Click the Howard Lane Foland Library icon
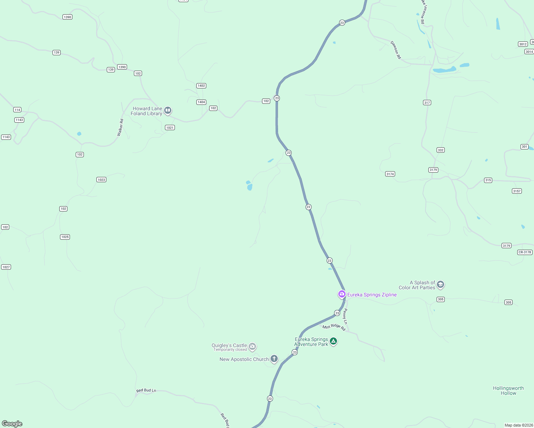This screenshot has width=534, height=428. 168,111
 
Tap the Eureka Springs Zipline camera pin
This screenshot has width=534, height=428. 342,294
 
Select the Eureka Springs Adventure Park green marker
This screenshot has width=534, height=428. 333,341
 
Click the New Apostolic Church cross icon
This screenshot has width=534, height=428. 274,358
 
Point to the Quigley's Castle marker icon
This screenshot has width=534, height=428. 252,346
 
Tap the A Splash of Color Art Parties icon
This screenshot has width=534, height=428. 440,284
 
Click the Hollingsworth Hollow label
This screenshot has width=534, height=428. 508,391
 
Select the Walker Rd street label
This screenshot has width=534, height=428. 120,127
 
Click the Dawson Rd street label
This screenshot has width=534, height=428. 396,50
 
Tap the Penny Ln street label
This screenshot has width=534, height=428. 345,316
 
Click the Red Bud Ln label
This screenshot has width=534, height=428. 146,391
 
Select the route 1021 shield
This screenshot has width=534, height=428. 170,128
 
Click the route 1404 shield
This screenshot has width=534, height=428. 201,102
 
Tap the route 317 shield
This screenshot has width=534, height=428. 427,103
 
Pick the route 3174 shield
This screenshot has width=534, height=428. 390,174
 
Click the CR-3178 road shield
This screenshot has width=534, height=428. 525,252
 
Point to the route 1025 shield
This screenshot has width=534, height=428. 65,237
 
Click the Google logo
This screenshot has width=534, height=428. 12,424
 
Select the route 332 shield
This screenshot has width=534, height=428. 440,150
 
